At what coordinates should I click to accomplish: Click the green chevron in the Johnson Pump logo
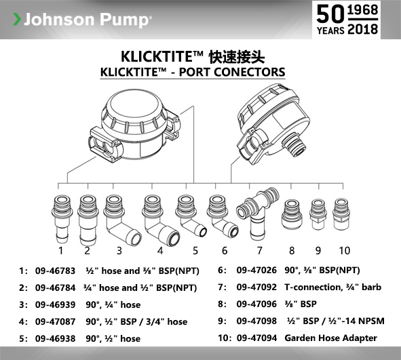pyautogui.click(x=17, y=19)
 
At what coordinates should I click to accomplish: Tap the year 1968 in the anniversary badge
pyautogui.click(x=362, y=10)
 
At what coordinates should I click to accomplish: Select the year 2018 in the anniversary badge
pyautogui.click(x=362, y=29)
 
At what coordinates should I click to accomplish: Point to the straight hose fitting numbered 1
pyautogui.click(x=61, y=219)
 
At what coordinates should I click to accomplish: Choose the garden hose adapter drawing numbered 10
pyautogui.click(x=341, y=214)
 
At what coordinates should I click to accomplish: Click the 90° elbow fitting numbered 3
pyautogui.click(x=122, y=220)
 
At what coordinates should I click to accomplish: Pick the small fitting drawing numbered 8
pyautogui.click(x=292, y=214)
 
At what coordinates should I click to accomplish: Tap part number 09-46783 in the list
pyautogui.click(x=55, y=271)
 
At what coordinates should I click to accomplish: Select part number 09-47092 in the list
pyautogui.click(x=256, y=287)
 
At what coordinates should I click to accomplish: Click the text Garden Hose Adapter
pyautogui.click(x=330, y=338)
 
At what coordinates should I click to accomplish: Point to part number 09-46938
pyautogui.click(x=55, y=338)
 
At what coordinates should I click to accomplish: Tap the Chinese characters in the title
pyautogui.click(x=237, y=57)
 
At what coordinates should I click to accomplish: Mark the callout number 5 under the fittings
pyautogui.click(x=195, y=251)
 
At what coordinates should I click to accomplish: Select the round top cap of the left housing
pyautogui.click(x=134, y=106)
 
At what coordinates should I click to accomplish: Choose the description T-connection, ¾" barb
pyautogui.click(x=332, y=287)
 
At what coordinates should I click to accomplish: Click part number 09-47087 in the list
pyautogui.click(x=55, y=321)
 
